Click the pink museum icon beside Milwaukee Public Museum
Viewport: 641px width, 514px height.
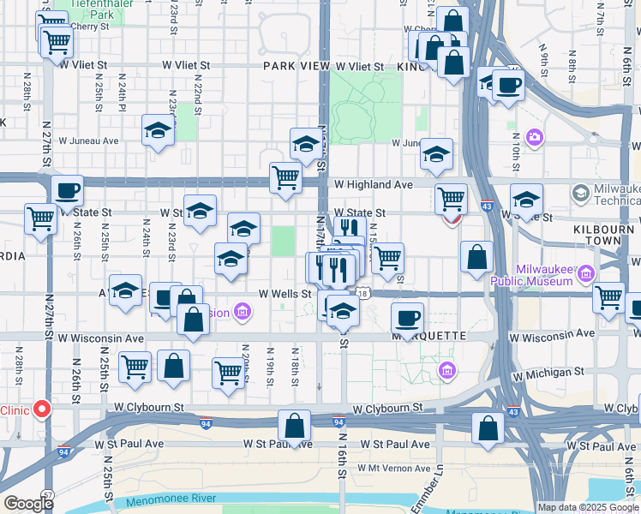(x=586, y=274)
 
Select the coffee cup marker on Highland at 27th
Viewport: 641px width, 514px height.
(x=67, y=191)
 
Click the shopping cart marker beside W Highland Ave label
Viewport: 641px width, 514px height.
(x=285, y=178)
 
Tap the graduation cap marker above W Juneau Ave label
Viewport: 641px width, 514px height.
(x=158, y=130)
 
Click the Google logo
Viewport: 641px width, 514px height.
(x=28, y=504)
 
